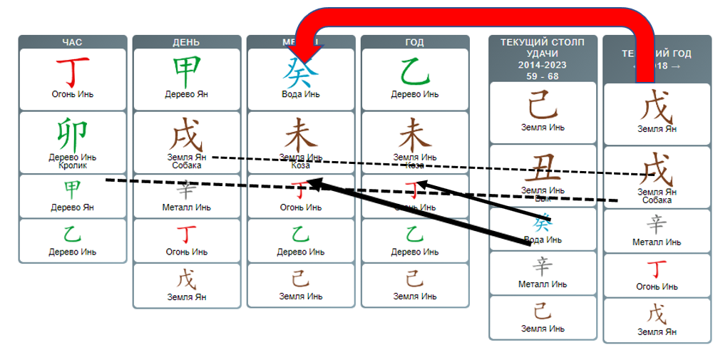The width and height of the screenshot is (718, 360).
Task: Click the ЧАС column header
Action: [72, 43]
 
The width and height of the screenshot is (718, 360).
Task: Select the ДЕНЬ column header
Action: [186, 43]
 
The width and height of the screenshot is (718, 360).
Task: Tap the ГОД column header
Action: [414, 43]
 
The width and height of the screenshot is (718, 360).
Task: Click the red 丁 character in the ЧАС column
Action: [72, 71]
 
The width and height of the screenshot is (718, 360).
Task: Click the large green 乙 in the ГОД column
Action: [414, 71]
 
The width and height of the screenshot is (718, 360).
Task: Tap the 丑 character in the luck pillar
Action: [543, 170]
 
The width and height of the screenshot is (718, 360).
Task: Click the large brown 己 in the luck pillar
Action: [543, 106]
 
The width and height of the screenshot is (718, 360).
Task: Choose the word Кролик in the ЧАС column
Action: [72, 165]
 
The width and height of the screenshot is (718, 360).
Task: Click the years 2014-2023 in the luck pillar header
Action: [543, 64]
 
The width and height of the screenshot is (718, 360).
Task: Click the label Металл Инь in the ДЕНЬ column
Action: [186, 207]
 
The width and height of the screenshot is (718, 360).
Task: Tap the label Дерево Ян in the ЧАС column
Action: [72, 207]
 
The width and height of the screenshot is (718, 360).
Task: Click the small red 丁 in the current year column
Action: [657, 269]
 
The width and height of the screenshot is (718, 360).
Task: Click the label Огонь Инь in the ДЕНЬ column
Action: [186, 252]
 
